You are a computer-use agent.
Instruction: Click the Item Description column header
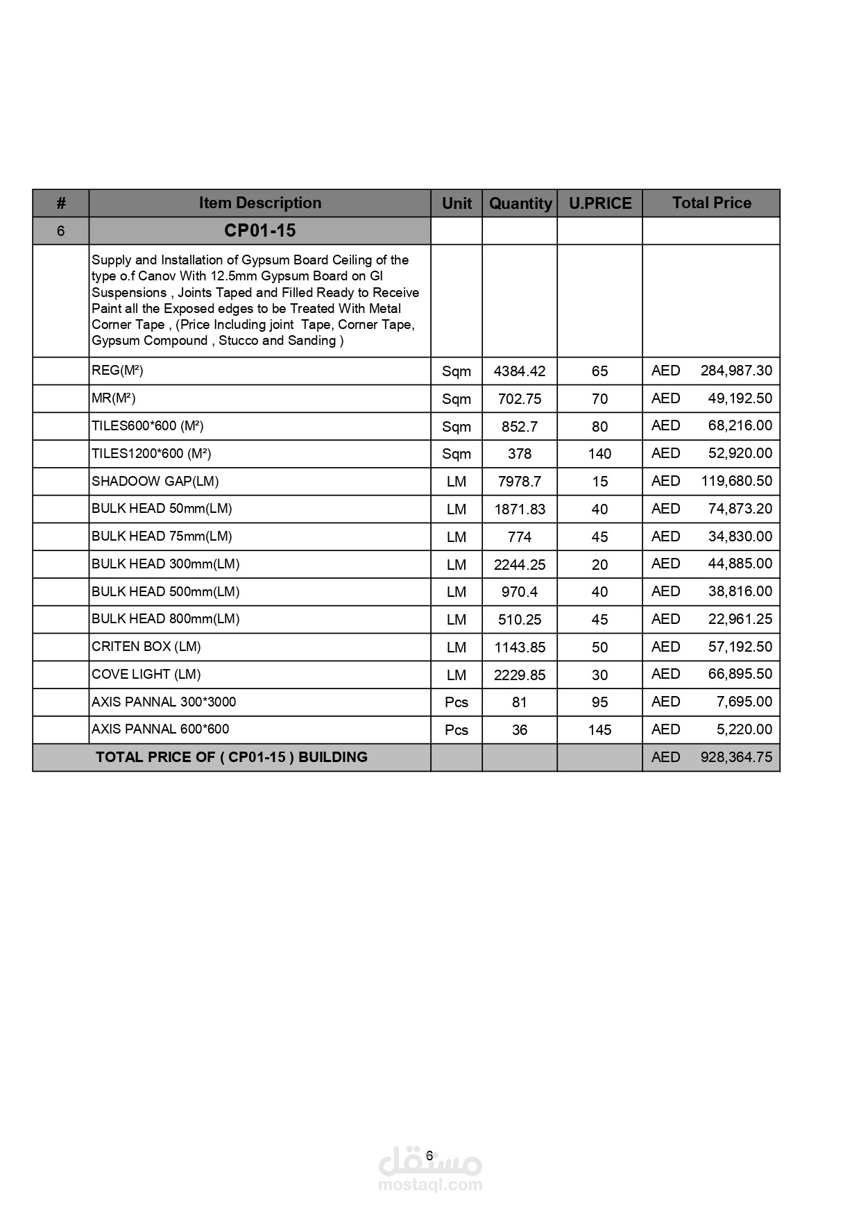coord(259,203)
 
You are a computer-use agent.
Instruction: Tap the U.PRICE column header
coord(600,203)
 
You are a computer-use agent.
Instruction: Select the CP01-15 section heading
coord(259,230)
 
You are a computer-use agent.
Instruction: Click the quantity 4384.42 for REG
coord(519,371)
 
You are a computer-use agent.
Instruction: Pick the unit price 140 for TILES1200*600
coord(599,454)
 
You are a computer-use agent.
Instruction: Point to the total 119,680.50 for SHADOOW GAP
coord(735,481)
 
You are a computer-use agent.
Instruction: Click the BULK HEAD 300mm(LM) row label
coord(165,564)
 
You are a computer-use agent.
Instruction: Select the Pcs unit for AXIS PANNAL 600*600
coord(456,730)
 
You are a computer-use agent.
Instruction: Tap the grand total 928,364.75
coord(735,757)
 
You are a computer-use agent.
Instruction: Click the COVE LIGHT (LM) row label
coord(146,675)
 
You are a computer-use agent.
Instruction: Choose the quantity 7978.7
coord(519,482)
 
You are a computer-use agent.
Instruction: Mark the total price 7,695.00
coord(744,702)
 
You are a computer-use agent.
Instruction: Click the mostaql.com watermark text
coord(429,1185)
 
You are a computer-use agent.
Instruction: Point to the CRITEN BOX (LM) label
coord(146,647)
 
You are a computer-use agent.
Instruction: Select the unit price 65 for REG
coord(599,371)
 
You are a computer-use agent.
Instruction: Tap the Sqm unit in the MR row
coord(456,399)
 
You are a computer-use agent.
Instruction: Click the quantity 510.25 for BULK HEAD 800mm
coord(519,620)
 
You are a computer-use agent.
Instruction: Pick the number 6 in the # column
coord(60,231)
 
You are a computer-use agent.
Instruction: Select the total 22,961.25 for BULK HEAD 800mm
coord(740,619)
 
